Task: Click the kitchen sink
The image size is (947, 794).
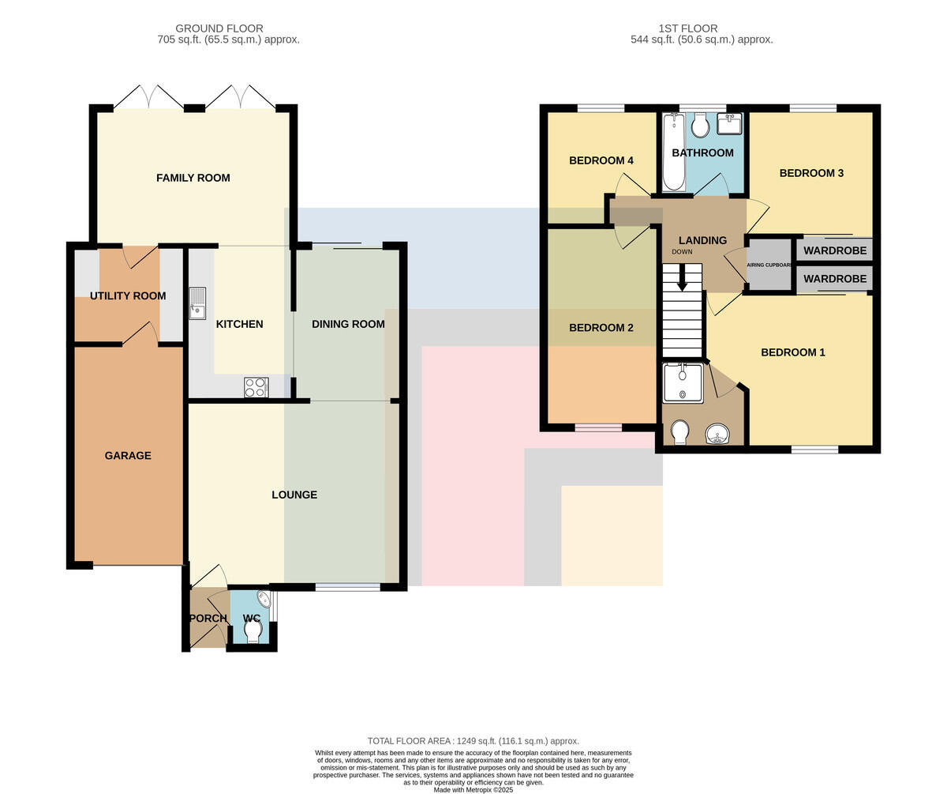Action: tap(198, 303)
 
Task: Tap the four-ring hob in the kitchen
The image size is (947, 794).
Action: tap(256, 387)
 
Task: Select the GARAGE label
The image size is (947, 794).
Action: tap(128, 455)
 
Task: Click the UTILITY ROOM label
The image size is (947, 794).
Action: tap(128, 296)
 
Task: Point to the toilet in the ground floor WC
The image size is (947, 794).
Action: tap(253, 631)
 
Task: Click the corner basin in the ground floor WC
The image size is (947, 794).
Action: tap(264, 599)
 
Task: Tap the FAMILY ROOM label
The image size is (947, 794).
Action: tap(193, 178)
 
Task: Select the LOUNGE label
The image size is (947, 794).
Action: tap(294, 495)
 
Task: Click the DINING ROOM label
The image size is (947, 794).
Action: tap(348, 324)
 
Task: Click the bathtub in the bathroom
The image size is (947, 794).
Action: tap(674, 152)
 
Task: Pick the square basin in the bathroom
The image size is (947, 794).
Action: tap(729, 123)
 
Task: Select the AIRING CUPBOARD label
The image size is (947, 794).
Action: tap(769, 265)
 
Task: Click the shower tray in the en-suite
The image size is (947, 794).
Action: tap(683, 383)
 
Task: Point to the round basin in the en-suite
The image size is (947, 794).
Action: tap(717, 434)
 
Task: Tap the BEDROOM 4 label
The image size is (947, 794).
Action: tap(601, 160)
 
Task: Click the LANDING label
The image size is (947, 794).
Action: tap(702, 240)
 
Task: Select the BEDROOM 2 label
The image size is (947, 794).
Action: tap(601, 327)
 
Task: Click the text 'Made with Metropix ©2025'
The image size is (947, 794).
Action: tap(473, 789)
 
